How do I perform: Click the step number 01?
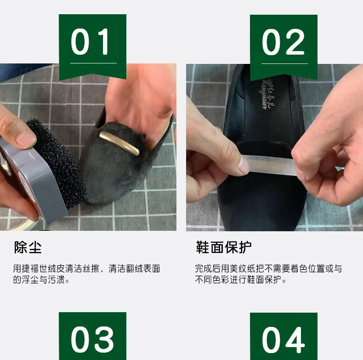tap(90, 42)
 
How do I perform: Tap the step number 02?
tap(283, 42)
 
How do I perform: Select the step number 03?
tap(92, 339)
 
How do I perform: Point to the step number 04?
tap(284, 340)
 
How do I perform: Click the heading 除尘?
tap(28, 247)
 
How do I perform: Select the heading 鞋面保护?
tap(224, 247)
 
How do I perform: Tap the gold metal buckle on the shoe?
tap(119, 143)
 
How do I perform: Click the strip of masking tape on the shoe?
tap(270, 165)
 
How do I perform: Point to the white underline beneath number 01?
tap(93, 63)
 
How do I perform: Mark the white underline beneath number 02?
tap(284, 63)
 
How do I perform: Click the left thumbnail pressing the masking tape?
tap(243, 165)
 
